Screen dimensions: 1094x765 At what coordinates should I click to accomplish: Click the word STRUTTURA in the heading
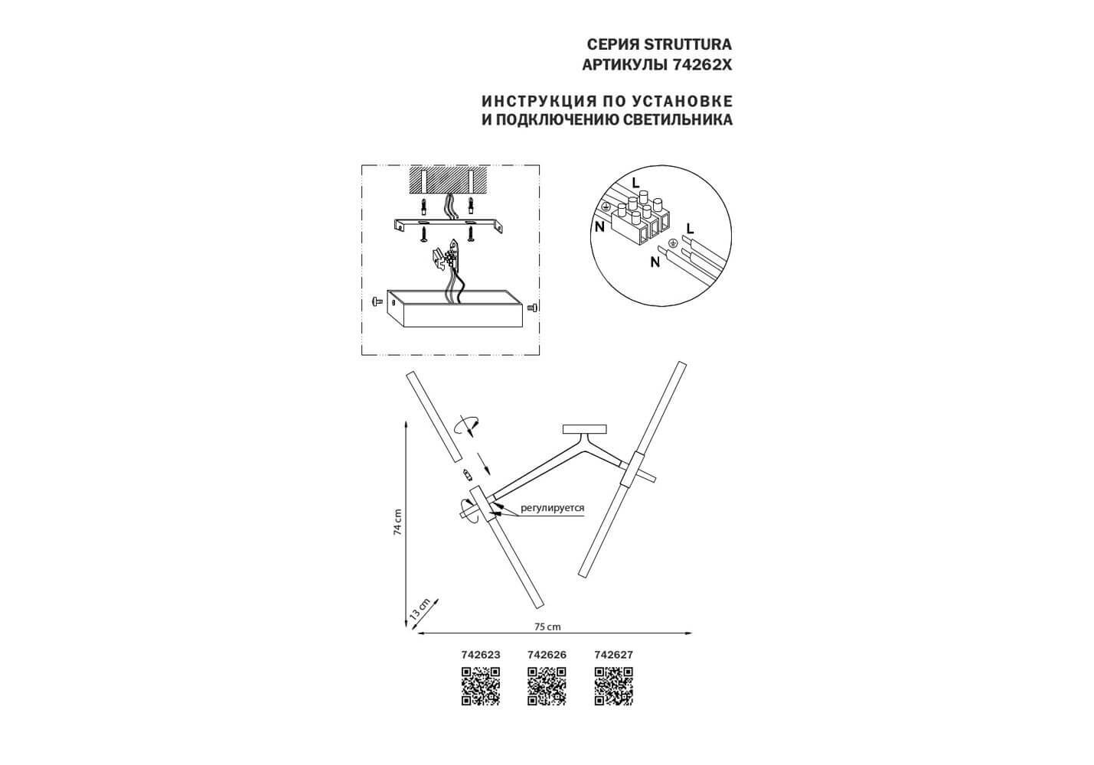(x=687, y=44)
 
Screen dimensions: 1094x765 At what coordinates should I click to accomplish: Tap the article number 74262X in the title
(x=702, y=65)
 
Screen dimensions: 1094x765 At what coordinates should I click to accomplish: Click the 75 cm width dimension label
(x=547, y=627)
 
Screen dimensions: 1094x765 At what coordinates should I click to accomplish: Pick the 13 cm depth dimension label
(x=420, y=610)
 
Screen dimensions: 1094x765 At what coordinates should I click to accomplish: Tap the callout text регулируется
(x=553, y=508)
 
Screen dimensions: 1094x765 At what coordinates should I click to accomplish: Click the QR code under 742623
(x=481, y=686)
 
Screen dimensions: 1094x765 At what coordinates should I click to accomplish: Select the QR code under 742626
(x=547, y=686)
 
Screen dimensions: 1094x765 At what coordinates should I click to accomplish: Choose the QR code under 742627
(x=614, y=686)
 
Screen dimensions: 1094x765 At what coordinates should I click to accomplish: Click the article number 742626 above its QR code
(x=547, y=655)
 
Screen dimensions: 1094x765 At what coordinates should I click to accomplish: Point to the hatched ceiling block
(x=448, y=180)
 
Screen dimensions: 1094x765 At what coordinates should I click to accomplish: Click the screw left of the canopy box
(x=376, y=302)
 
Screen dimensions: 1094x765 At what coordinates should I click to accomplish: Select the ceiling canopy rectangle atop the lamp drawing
(x=585, y=429)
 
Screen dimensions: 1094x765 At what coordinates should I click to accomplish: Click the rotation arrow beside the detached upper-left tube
(x=466, y=425)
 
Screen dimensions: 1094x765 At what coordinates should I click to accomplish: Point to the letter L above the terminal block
(x=635, y=183)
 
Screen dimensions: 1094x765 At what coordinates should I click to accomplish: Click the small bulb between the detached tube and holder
(x=467, y=474)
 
